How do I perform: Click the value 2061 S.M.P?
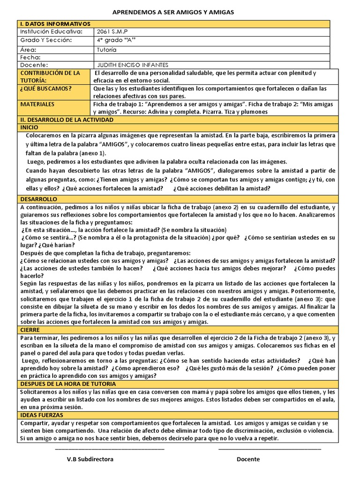click(x=112, y=31)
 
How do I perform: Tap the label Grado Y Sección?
click(x=46, y=40)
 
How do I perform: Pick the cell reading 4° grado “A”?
click(x=116, y=40)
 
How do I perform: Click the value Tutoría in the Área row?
click(x=107, y=49)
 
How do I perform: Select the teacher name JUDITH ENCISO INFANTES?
click(x=132, y=65)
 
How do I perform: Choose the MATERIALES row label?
click(x=37, y=104)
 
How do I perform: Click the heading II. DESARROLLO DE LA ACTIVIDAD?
click(x=67, y=120)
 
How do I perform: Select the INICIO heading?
click(x=30, y=127)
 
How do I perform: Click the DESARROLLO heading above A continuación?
click(x=38, y=199)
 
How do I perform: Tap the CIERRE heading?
click(x=30, y=330)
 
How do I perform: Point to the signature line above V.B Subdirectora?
click(x=110, y=449)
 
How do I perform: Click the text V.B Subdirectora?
click(x=90, y=459)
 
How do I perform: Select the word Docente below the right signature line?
click(x=248, y=459)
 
